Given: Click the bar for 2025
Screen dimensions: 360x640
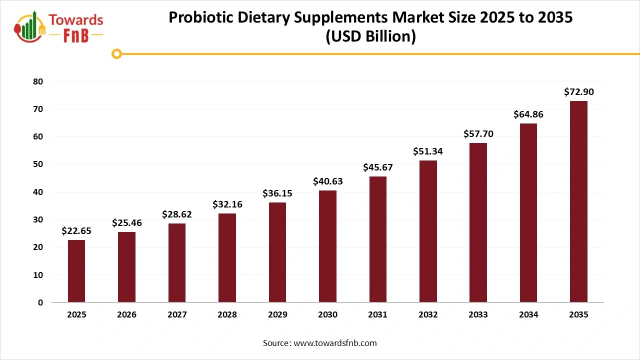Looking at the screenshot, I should (76, 271).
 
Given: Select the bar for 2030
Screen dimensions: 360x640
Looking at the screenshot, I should (327, 246).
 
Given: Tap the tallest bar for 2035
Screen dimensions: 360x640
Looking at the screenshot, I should (578, 201).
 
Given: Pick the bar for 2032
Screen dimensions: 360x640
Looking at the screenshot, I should (428, 231).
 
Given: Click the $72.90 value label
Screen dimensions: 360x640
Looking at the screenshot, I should (578, 92).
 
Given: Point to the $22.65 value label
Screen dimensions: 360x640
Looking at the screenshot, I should (76, 230).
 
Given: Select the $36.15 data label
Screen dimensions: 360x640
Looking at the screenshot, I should (277, 193).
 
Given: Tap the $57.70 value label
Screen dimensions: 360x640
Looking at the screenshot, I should (478, 133).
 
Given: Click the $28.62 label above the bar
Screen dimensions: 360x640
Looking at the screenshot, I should (177, 214).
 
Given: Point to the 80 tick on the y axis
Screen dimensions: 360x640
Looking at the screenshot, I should (38, 81).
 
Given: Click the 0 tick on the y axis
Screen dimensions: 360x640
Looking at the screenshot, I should (40, 302).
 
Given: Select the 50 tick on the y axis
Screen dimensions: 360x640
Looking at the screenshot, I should (38, 164).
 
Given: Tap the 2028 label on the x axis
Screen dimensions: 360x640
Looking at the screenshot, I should (227, 315).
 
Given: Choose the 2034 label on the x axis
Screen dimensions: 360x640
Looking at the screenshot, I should (528, 315).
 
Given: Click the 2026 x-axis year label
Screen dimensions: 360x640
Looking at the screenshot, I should (127, 315).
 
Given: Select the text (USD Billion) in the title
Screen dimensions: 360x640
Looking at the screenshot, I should (370, 37).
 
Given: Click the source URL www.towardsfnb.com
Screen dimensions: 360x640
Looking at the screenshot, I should (334, 343).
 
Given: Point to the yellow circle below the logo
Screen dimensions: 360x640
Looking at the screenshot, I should (117, 53).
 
